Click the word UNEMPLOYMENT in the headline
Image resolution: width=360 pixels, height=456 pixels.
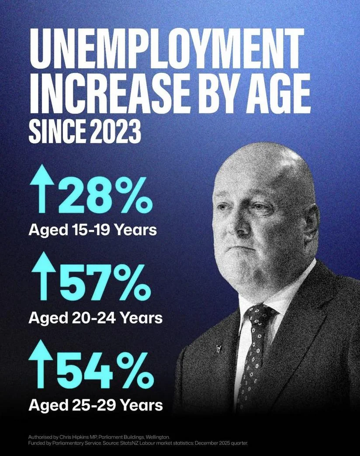point(166,51)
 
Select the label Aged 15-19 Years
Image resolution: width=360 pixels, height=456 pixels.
point(93,230)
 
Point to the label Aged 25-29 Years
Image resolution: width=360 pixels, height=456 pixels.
point(95,405)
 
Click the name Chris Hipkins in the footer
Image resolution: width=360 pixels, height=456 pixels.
point(80,437)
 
